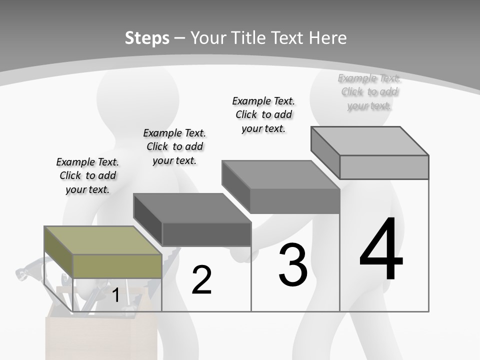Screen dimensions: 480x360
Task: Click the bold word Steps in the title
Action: click(x=147, y=38)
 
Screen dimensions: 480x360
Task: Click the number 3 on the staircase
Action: click(x=293, y=265)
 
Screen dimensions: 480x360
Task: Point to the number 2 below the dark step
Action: click(x=201, y=280)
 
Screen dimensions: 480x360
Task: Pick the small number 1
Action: click(x=115, y=295)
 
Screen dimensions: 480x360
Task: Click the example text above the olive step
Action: click(x=87, y=175)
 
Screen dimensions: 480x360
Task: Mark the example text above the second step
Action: click(x=174, y=146)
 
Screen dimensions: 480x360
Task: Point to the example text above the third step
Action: click(x=263, y=114)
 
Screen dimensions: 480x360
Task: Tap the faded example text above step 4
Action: click(x=369, y=91)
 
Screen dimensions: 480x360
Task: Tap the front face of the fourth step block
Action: click(x=384, y=167)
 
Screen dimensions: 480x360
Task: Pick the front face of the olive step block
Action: click(x=117, y=266)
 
